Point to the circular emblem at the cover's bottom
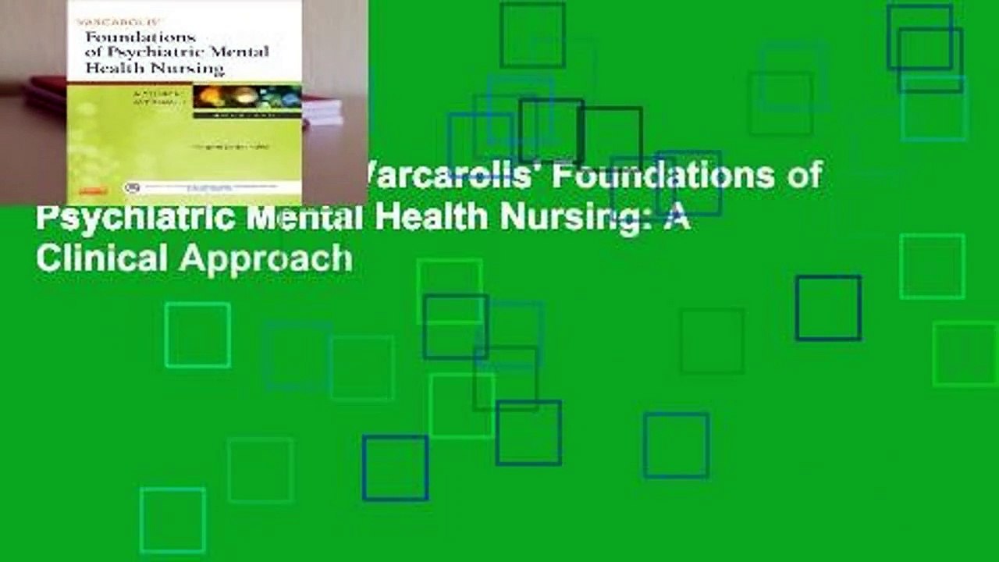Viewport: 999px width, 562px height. point(132,188)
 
